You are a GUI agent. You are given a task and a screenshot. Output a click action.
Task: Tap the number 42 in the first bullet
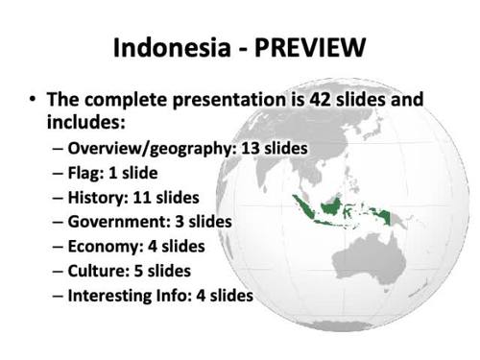303,100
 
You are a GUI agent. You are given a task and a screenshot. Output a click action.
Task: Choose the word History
97,199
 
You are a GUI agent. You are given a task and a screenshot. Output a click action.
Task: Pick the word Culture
97,271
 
